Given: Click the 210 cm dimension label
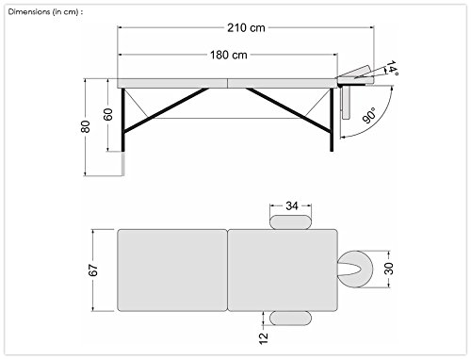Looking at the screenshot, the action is (246, 28).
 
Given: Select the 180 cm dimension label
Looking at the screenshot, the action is (229, 55).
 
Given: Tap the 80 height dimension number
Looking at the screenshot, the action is (86, 126).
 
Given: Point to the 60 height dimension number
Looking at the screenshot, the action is (108, 115).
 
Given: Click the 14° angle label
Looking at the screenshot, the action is (392, 68).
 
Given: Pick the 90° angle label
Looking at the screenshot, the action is (369, 115).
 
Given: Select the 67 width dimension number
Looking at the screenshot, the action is (93, 270).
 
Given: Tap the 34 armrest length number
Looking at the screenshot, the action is (292, 206).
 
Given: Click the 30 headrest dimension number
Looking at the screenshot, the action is (389, 269).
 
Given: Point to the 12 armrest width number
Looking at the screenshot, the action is (264, 338).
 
